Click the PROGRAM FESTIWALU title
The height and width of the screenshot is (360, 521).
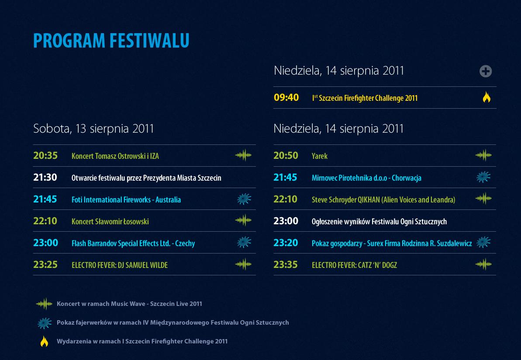(x=111, y=41)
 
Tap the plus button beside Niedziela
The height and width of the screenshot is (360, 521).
(x=486, y=71)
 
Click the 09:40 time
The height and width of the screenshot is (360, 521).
(x=286, y=98)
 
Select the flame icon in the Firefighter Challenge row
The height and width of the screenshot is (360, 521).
(x=486, y=97)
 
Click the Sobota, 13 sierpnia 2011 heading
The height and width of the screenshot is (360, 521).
(x=93, y=129)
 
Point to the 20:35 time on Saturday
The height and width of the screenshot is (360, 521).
(x=45, y=155)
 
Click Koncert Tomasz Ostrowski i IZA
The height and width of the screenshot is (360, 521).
(x=115, y=156)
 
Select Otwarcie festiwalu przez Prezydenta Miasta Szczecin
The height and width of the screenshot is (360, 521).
(x=146, y=178)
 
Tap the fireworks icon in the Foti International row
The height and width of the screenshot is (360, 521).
(x=244, y=199)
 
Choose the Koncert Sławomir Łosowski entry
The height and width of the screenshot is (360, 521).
(x=110, y=221)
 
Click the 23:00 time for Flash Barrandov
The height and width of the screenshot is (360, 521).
(x=45, y=243)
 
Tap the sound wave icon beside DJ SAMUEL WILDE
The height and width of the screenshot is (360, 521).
(x=244, y=264)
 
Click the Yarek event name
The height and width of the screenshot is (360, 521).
(x=319, y=156)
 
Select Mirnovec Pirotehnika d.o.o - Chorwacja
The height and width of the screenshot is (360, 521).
(x=366, y=178)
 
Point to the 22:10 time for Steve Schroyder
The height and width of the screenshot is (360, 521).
(x=286, y=199)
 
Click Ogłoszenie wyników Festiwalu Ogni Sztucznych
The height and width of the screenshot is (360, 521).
(x=379, y=221)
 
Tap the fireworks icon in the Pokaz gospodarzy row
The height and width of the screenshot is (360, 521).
(x=483, y=243)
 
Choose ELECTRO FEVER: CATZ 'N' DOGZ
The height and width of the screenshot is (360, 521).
(x=354, y=265)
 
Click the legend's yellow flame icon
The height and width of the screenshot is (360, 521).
(x=44, y=341)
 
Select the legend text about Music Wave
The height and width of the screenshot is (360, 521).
(x=129, y=304)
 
